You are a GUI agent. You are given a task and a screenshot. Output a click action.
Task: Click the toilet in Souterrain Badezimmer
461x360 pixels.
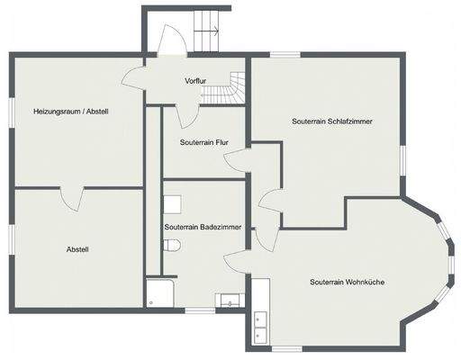point(177,245)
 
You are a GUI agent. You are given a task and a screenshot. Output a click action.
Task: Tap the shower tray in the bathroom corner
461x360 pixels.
point(159,292)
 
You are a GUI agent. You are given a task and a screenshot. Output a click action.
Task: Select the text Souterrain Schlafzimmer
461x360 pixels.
point(332,120)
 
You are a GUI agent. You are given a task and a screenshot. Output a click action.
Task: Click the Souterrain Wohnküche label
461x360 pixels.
point(347,282)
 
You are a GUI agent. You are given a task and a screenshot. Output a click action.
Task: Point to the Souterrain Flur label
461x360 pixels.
point(203,142)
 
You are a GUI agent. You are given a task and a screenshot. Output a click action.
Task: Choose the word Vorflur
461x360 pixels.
point(195,81)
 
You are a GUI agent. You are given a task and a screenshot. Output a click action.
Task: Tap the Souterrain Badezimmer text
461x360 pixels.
point(202,228)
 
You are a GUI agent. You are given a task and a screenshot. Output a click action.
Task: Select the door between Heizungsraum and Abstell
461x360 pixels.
point(73,195)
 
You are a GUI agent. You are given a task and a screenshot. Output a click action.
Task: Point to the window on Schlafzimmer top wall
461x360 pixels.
point(285,56)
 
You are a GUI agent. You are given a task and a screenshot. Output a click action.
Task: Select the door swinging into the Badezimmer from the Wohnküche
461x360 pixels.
point(236,261)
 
